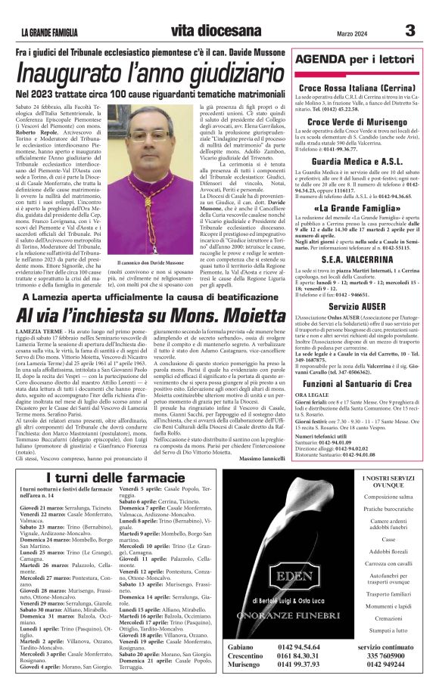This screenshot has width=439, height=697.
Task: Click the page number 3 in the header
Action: click(409, 30)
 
